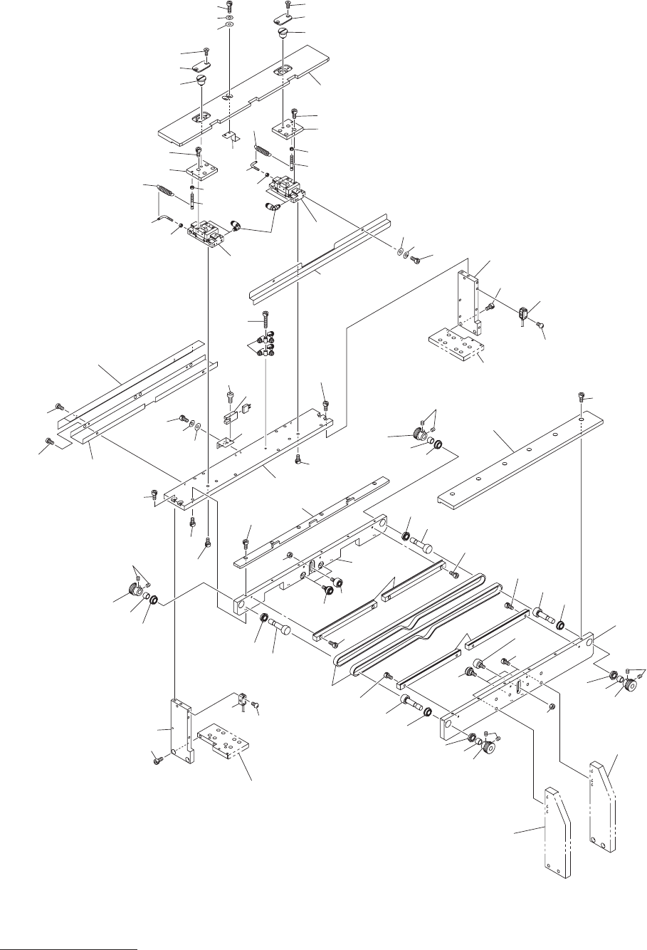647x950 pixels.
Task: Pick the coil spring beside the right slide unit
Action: [x=264, y=151]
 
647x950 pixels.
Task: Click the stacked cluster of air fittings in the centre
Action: [x=265, y=345]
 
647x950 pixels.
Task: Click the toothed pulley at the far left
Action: [x=133, y=590]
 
